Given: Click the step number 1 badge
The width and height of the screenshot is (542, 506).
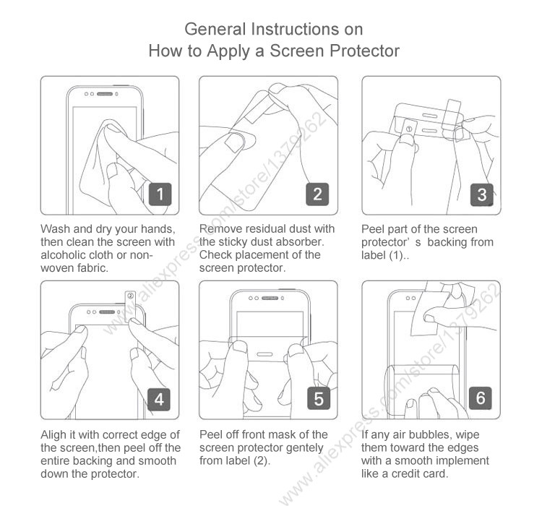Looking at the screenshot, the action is point(160,194).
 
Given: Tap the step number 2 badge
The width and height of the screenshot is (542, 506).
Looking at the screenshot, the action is point(317,194).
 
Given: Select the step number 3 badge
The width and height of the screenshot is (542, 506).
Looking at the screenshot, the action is point(482,194).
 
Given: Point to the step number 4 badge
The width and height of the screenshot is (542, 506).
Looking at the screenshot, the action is point(159,399).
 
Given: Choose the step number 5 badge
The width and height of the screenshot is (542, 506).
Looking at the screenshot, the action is point(319,398).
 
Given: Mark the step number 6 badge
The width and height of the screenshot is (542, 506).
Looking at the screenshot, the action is point(481,398).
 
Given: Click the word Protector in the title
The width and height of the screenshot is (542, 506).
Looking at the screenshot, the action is point(364,51).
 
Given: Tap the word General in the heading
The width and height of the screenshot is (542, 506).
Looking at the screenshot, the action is point(215,29).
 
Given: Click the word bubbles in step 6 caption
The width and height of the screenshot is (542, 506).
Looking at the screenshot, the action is point(429,434).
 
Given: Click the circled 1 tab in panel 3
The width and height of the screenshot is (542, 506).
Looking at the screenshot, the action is point(409,129).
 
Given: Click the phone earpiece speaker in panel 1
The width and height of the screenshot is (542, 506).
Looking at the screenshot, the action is point(105,94).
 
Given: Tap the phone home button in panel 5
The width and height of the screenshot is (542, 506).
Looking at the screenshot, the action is point(265,354).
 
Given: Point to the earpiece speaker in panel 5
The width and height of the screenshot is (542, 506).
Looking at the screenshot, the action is point(270,298).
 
